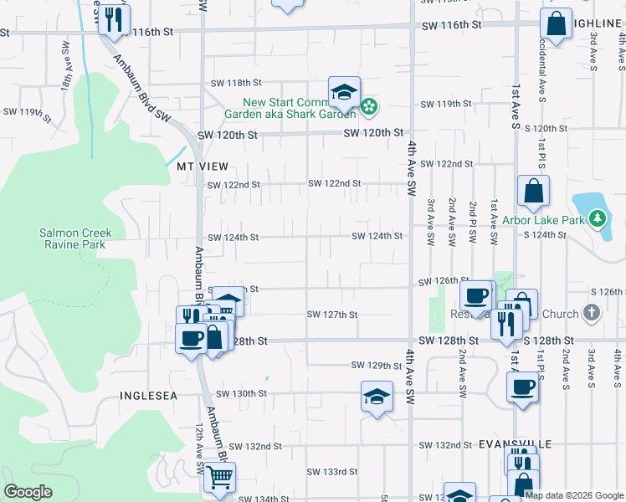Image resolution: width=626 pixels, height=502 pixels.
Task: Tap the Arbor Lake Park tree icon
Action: click(x=596, y=220)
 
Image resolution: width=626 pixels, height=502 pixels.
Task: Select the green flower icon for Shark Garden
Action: click(x=369, y=106)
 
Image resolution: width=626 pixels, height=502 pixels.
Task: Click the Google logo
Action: click(x=28, y=492)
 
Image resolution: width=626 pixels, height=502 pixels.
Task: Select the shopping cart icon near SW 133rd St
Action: click(x=220, y=478)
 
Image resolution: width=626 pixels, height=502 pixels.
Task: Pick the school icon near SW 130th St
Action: click(x=377, y=396)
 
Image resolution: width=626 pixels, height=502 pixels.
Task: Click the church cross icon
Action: click(x=592, y=314)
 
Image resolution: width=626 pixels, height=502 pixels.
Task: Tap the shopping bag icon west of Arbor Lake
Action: click(x=533, y=192)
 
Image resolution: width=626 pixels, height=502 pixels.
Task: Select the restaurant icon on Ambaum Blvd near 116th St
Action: click(x=115, y=18)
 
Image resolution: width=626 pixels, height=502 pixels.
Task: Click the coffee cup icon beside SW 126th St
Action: click(x=476, y=296)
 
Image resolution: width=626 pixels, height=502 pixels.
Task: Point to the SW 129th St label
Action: click(x=377, y=366)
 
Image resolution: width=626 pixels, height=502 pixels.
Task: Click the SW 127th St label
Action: click(x=332, y=315)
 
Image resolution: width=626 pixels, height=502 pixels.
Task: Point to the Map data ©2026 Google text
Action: click(x=574, y=494)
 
